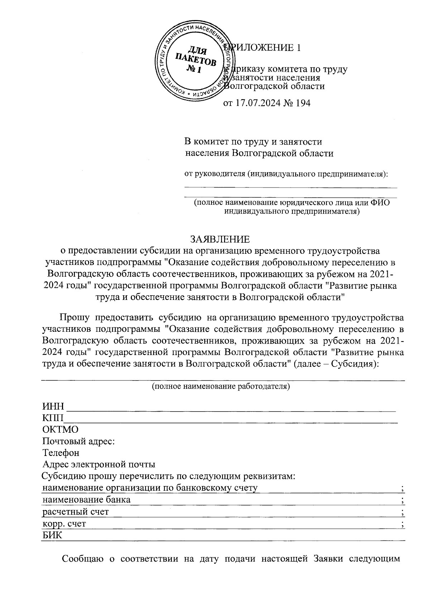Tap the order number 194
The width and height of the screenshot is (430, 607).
coord(303,103)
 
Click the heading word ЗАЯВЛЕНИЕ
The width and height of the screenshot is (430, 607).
coord(220,239)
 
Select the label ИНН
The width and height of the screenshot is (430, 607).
coord(53,407)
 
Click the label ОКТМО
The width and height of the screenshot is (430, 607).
coord(60,429)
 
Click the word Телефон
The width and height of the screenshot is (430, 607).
coord(61,453)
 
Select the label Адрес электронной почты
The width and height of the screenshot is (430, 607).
coord(99,465)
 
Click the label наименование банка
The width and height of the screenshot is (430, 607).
coord(86,499)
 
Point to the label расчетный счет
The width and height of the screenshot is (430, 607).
coord(76,512)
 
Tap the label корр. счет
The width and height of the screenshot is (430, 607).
coord(64,524)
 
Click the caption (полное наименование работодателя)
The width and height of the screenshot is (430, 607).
coord(221,387)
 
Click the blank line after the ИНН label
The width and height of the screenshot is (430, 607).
coord(231,408)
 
